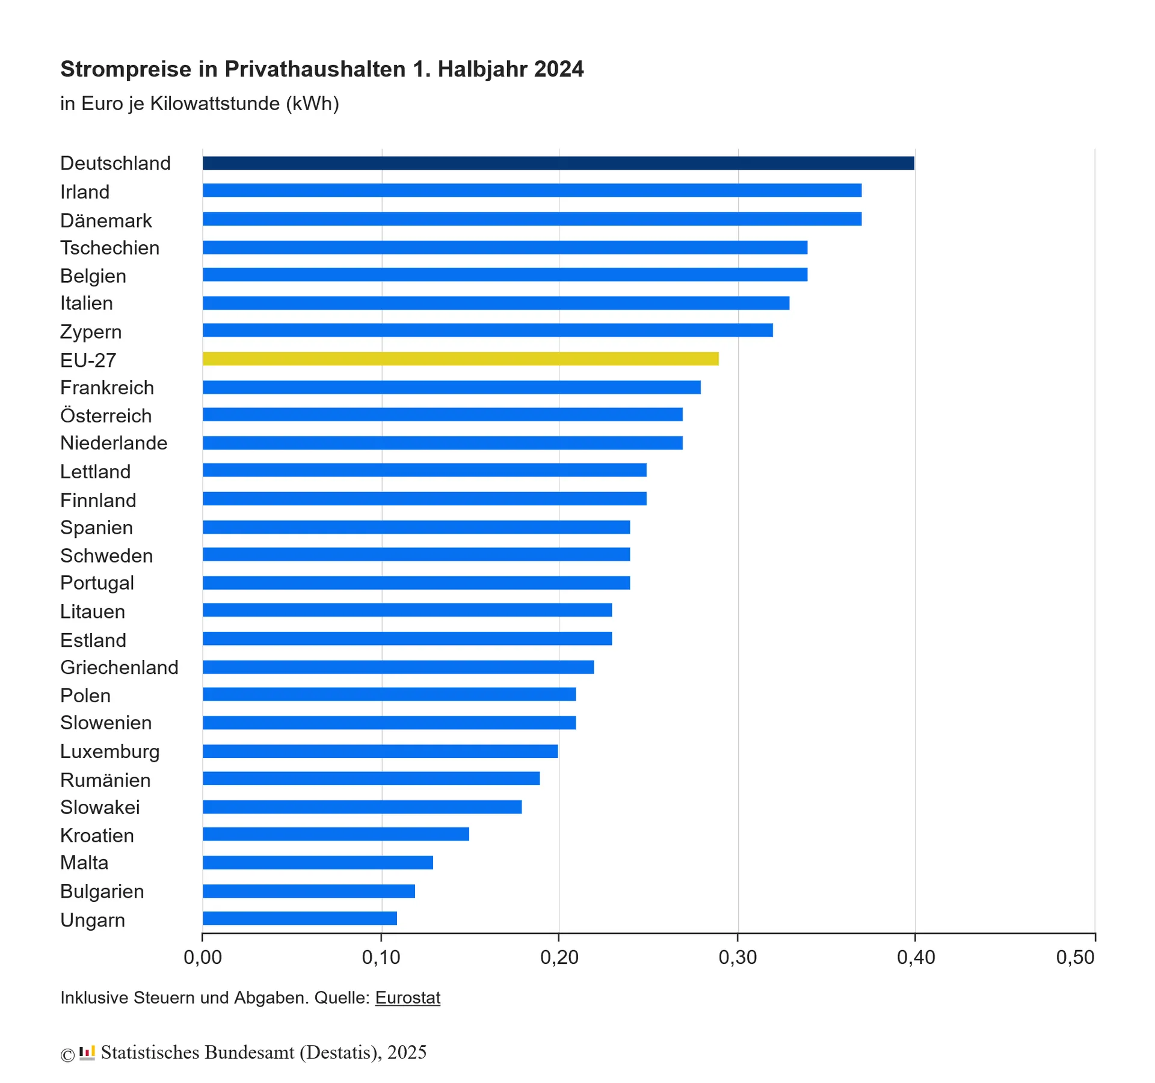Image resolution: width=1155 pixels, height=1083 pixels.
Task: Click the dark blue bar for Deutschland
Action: [x=558, y=163]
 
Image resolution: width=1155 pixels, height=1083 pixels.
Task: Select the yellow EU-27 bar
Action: [x=460, y=359]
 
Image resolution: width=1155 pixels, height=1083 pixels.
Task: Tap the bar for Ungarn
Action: [x=300, y=918]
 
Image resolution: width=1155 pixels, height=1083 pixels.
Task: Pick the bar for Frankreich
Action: [x=451, y=387]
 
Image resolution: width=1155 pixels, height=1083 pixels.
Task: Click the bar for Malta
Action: [x=318, y=862]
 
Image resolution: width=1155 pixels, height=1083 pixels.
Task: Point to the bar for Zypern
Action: [x=487, y=330]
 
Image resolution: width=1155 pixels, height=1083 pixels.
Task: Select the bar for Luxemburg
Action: [x=380, y=751]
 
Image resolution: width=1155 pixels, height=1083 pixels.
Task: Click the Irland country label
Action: [x=85, y=192]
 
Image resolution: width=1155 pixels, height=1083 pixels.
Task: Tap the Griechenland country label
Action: [x=119, y=667]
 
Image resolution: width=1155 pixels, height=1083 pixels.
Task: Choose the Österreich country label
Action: [x=106, y=416]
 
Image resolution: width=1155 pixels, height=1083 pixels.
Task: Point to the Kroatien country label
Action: [x=97, y=835]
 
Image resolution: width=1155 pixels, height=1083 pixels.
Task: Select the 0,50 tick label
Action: [x=1076, y=957]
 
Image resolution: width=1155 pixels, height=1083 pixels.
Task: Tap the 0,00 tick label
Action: [x=203, y=957]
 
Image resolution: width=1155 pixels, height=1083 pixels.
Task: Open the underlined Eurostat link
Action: [x=408, y=998]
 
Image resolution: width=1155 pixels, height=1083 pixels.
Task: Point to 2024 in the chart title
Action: [x=559, y=69]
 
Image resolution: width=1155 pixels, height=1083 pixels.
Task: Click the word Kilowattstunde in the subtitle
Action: [x=215, y=103]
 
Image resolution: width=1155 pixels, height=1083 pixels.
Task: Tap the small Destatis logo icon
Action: [x=87, y=1052]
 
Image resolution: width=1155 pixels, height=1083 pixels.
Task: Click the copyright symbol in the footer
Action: [x=67, y=1054]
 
